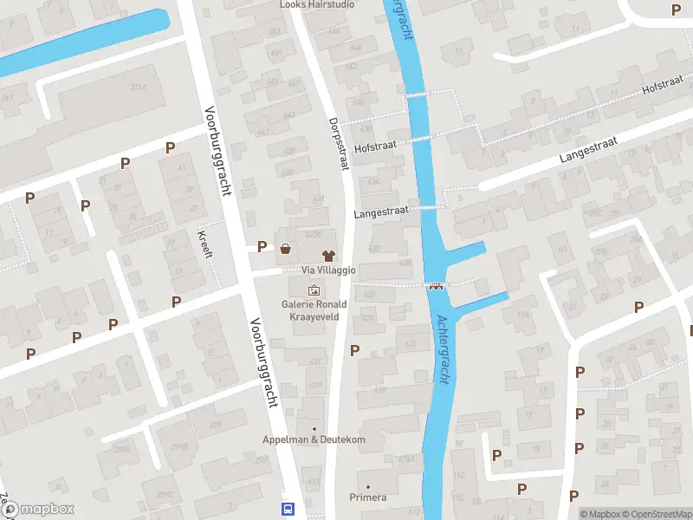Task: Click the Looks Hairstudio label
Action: (318, 4)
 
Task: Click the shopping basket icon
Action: (285, 249)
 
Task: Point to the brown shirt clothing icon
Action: (328, 256)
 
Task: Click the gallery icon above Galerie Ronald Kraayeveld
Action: (314, 289)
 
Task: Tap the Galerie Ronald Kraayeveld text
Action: (314, 310)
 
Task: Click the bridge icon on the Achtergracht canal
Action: (436, 286)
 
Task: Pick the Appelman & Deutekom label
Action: (314, 439)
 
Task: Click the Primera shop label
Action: (367, 497)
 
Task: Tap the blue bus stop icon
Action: (288, 509)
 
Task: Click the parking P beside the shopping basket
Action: (262, 247)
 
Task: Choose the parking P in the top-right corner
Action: (677, 10)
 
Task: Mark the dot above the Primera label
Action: (368, 486)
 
